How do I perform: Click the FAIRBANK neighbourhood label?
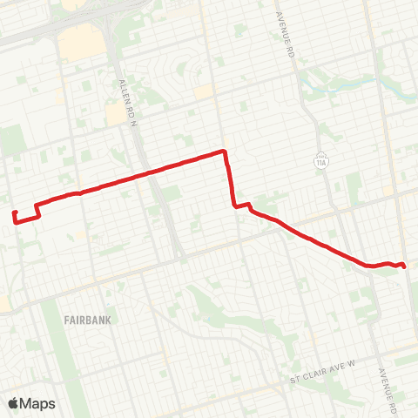[88, 320]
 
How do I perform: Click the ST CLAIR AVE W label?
[324, 381]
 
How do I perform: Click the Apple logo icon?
[14, 403]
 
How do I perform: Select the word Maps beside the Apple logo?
[38, 403]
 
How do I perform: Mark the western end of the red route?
[14, 212]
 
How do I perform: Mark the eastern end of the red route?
[406, 266]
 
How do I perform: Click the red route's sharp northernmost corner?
[225, 152]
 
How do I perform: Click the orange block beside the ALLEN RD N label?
[116, 114]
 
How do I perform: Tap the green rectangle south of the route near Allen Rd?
[171, 192]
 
